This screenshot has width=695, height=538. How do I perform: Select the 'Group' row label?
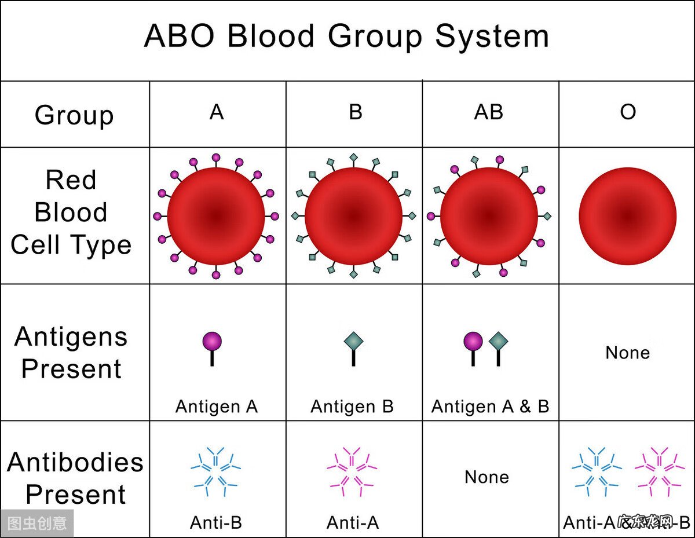pyautogui.click(x=74, y=115)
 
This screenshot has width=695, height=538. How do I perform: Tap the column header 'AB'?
pyautogui.click(x=488, y=112)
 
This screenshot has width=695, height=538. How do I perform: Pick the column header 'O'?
pyautogui.click(x=628, y=112)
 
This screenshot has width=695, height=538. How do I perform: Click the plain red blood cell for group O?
pyautogui.click(x=627, y=216)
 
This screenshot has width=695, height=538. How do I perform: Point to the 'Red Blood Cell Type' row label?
pyautogui.click(x=71, y=213)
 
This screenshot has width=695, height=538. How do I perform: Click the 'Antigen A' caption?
pyautogui.click(x=216, y=407)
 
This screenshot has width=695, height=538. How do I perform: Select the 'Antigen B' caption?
pyautogui.click(x=352, y=407)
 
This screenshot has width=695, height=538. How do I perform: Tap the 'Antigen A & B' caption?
pyautogui.click(x=490, y=407)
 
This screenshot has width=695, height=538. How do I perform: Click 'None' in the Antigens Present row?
pyautogui.click(x=627, y=353)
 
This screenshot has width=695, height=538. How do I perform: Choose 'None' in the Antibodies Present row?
pyautogui.click(x=487, y=477)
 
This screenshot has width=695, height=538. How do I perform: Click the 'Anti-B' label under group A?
pyautogui.click(x=216, y=523)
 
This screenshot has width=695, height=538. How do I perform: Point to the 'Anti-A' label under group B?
pyautogui.click(x=352, y=523)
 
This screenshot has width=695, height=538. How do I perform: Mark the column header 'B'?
pyautogui.click(x=355, y=112)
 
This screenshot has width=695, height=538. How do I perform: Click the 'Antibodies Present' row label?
pyautogui.click(x=75, y=478)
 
